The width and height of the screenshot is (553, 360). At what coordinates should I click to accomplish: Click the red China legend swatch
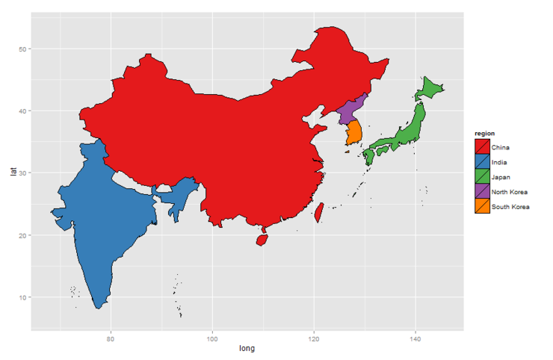[483, 147]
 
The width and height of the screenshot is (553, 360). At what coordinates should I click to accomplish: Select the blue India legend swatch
[483, 162]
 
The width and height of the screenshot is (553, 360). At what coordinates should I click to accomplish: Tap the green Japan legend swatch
[483, 177]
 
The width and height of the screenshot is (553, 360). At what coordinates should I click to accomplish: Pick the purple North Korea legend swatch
[483, 192]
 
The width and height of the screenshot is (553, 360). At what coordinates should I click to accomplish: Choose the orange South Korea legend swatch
[483, 207]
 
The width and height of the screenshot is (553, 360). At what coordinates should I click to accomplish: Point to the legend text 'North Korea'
[510, 192]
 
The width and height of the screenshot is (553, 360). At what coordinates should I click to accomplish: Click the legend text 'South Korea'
[511, 207]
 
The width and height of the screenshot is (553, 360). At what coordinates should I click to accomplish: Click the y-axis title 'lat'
[13, 171]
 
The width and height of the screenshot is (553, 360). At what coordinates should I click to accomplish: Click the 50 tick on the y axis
[22, 49]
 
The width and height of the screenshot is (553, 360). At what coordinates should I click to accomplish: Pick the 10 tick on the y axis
[22, 297]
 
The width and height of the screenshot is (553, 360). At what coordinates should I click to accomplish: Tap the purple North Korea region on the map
[350, 111]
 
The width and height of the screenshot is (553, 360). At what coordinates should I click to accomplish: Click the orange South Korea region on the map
[354, 132]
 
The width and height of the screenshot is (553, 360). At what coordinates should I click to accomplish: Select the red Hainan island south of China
[262, 240]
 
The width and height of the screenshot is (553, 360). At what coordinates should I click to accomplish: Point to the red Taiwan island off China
[319, 212]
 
